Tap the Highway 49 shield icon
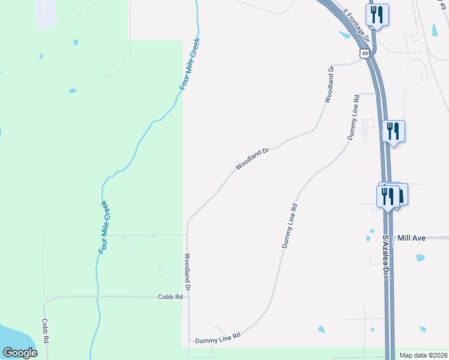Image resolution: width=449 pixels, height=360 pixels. (x=366, y=53)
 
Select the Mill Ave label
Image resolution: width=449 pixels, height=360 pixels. (x=411, y=238)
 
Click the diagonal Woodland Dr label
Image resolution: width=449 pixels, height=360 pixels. (x=251, y=158)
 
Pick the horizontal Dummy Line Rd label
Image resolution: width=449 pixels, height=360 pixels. (x=217, y=338)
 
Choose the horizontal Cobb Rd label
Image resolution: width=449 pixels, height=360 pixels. (x=170, y=296)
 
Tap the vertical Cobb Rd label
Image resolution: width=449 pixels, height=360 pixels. (x=45, y=330)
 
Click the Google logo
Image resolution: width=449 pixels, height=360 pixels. (x=20, y=353)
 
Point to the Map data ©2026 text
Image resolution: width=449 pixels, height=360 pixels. (x=423, y=355)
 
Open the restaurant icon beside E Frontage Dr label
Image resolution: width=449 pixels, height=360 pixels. (x=377, y=14)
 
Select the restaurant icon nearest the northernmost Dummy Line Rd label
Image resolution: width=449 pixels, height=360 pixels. (x=393, y=131)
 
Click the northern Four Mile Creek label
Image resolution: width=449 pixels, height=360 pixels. (x=190, y=65)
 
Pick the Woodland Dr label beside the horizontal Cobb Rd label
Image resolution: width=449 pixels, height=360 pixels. (x=187, y=272)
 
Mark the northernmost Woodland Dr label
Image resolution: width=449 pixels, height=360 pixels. (x=330, y=85)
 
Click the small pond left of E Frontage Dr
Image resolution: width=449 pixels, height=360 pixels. (x=345, y=35)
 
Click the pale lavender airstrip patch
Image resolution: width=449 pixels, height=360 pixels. (x=46, y=13)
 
